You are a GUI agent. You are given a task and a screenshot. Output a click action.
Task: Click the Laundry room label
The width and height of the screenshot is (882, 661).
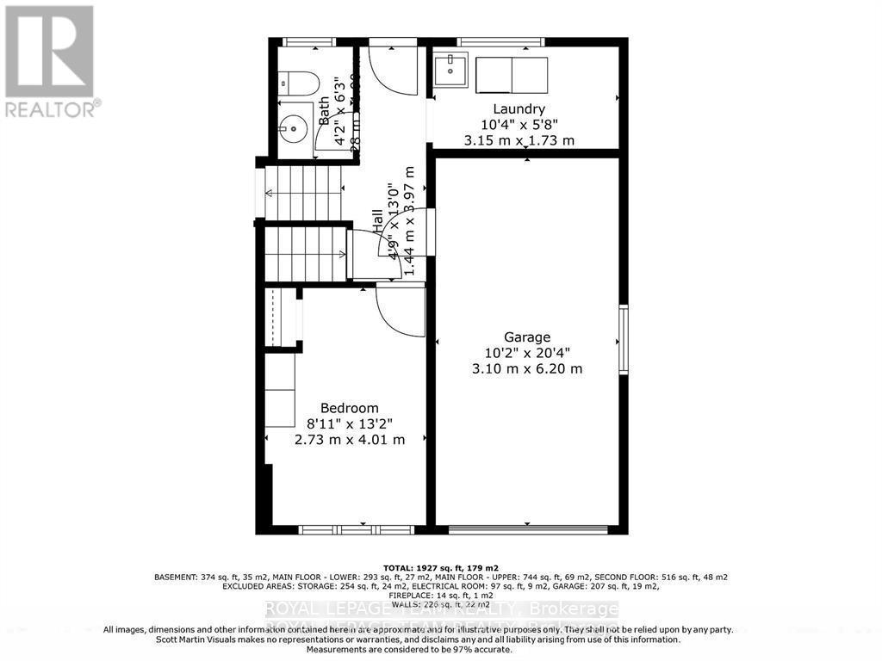click(x=519, y=109)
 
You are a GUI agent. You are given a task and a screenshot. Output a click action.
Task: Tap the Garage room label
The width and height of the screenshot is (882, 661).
click(x=527, y=337)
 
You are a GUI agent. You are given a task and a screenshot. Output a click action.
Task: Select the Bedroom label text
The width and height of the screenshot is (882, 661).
click(x=349, y=408)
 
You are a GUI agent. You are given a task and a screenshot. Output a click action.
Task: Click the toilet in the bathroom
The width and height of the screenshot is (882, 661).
click(x=298, y=83)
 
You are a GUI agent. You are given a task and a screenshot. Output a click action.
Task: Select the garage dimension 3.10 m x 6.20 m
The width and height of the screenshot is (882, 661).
click(x=527, y=368)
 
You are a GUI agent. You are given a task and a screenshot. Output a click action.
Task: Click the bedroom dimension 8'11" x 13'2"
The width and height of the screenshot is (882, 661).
click(x=349, y=423)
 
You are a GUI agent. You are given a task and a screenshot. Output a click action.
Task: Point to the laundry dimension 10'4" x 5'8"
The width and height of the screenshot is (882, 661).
click(x=519, y=125)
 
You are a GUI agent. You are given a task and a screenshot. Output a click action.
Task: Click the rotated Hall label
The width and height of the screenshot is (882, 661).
click(x=379, y=221)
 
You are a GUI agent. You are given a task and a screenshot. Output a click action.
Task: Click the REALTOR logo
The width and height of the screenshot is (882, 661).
click(x=49, y=60)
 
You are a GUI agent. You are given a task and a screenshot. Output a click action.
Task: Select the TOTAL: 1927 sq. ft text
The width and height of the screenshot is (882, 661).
click(x=440, y=568)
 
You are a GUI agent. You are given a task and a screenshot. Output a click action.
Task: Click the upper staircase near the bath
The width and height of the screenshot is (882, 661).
click(x=303, y=192)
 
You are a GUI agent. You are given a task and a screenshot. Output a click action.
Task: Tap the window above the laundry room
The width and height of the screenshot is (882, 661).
click(x=500, y=41)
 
